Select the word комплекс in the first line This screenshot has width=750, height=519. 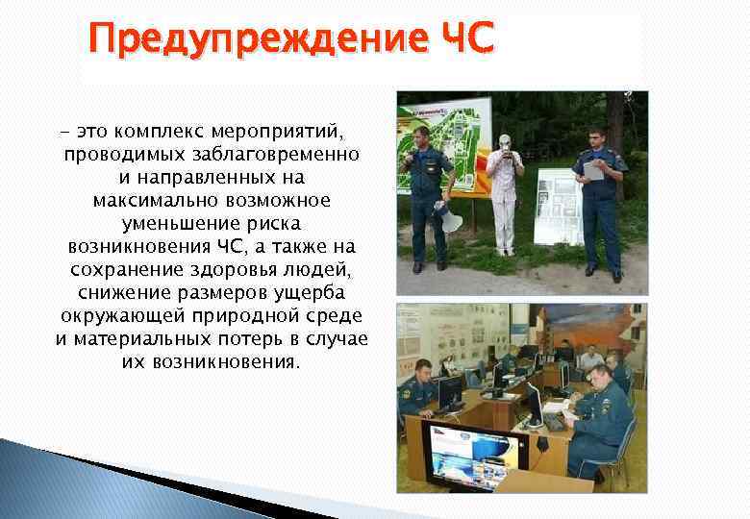[147, 129]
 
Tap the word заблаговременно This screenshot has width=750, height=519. [281, 154]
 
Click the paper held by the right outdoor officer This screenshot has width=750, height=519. [593, 169]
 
